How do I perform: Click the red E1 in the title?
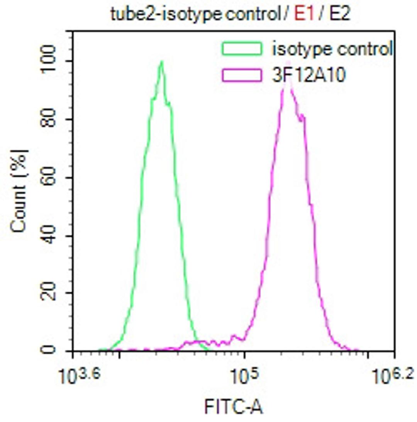coord(303,14)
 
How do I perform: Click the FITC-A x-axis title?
coord(234,407)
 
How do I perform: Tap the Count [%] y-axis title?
coord(20,191)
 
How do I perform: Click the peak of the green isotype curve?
coord(161,62)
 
